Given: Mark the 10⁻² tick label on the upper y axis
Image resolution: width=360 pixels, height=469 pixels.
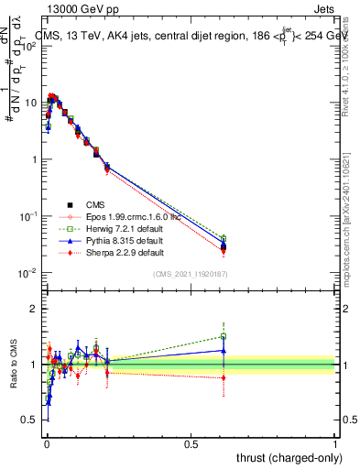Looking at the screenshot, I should (27, 273).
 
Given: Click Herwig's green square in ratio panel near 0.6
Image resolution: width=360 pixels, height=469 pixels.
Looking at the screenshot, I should (224, 336).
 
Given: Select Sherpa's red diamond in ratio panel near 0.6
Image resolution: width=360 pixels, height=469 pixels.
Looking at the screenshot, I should (224, 377).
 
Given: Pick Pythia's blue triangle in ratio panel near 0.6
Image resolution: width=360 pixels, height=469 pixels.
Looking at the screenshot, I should (224, 350).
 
